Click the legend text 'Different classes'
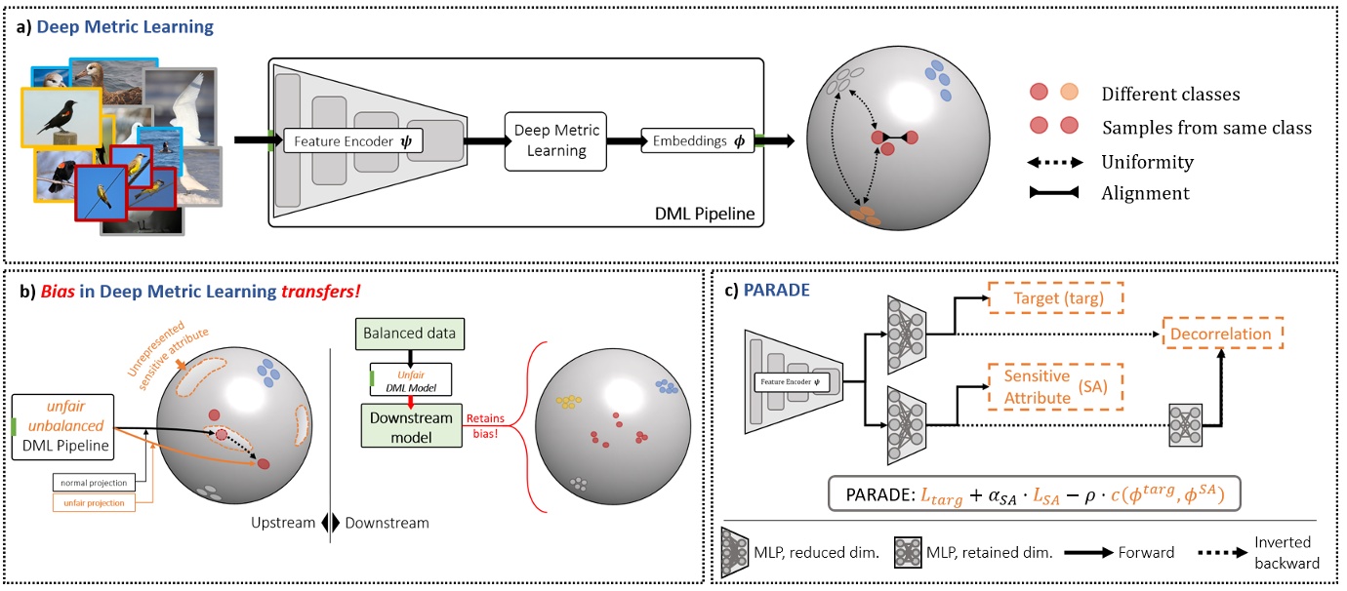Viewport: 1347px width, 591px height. [1170, 95]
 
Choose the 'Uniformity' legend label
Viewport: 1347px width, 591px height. [1147, 161]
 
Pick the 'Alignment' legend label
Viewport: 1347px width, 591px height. [1145, 193]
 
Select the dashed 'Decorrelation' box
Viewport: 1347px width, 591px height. [1222, 334]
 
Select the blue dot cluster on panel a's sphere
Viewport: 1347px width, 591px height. [940, 82]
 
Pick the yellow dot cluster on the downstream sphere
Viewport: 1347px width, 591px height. [565, 401]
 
